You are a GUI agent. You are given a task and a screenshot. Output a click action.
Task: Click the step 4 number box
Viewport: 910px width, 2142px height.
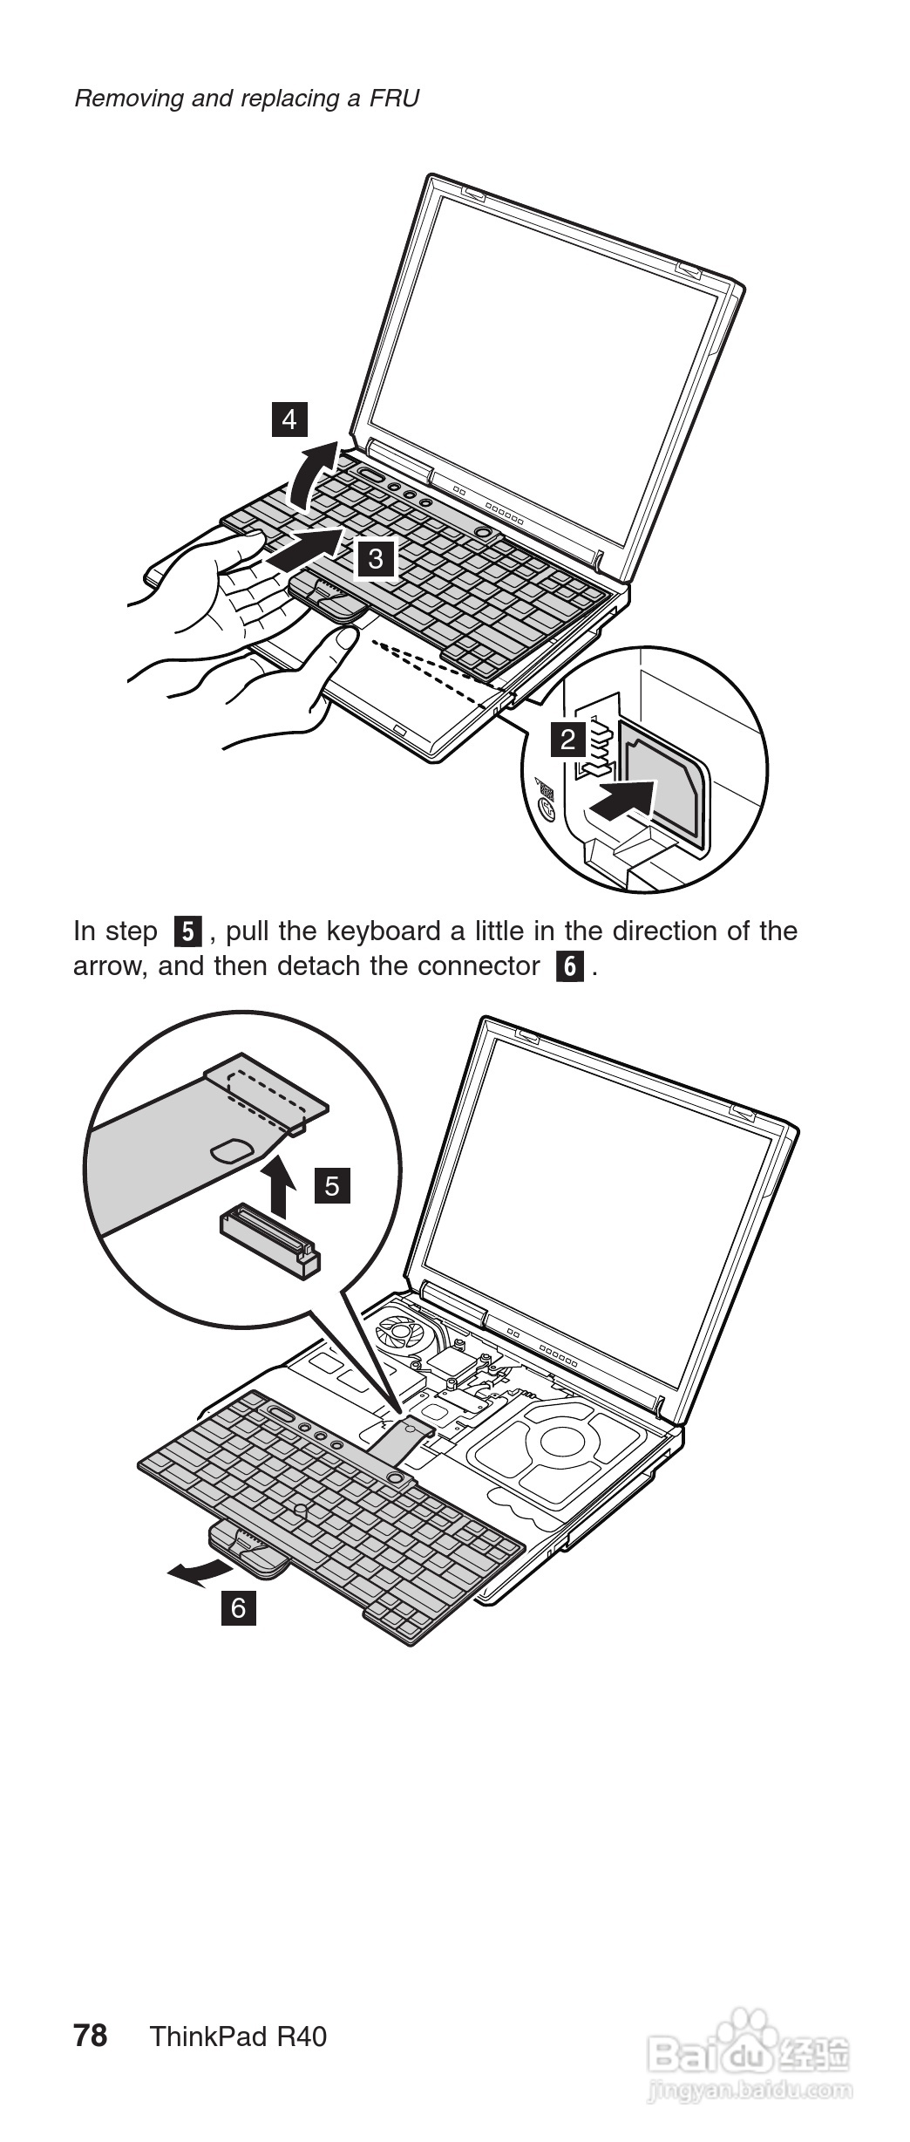[x=289, y=420]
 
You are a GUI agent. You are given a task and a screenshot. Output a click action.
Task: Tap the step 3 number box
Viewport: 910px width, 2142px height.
[x=376, y=558]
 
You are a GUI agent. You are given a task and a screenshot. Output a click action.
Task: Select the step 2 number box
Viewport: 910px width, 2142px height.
[x=568, y=740]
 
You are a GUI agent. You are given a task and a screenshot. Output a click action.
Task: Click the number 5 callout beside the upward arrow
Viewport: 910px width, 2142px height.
[x=332, y=1185]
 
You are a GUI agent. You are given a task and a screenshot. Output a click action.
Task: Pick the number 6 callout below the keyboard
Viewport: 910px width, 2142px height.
[x=239, y=1606]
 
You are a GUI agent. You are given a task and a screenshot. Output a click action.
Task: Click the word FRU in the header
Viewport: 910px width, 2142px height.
[x=394, y=98]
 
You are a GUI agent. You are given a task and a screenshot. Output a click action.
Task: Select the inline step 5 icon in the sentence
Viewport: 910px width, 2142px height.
[x=188, y=931]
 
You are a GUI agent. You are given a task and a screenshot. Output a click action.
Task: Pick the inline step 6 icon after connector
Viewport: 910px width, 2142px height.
[x=569, y=966]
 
